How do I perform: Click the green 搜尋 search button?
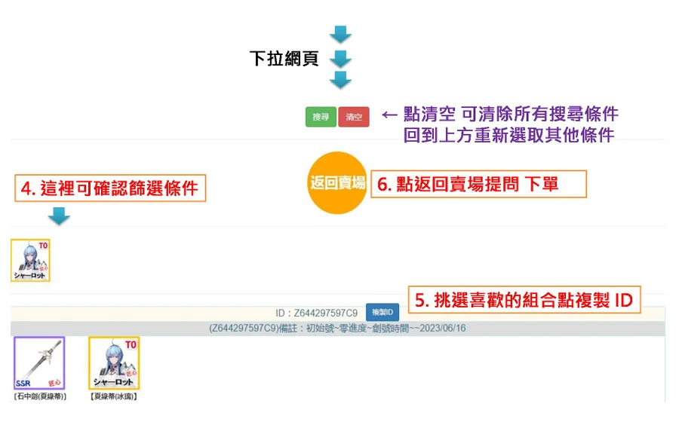[321, 118]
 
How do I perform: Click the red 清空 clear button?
[354, 118]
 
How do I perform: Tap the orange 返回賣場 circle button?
[337, 183]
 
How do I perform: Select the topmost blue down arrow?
[341, 34]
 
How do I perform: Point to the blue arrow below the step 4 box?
[59, 217]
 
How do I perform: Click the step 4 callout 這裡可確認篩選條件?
[110, 188]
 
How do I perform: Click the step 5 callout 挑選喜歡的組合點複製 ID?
[524, 300]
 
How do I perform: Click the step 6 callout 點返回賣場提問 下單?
[478, 184]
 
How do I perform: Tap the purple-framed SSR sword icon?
[39, 363]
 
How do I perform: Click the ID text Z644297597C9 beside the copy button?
[317, 312]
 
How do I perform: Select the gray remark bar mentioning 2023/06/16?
[337, 329]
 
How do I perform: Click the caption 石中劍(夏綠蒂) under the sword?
[40, 396]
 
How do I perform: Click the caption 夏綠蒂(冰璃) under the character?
[113, 396]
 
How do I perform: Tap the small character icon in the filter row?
[30, 261]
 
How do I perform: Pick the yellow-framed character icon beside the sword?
[114, 363]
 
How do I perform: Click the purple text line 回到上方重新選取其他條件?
[508, 136]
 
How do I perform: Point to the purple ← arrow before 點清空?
[389, 115]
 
